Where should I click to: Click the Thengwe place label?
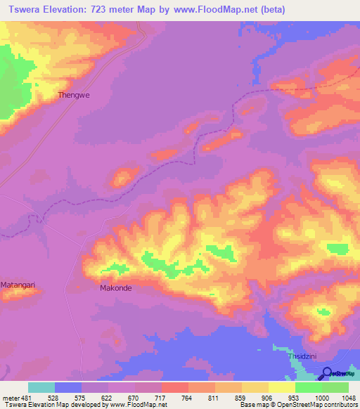pyautogui.click(x=74, y=94)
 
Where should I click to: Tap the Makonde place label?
pyautogui.click(x=116, y=287)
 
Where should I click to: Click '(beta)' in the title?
pyautogui.click(x=297, y=10)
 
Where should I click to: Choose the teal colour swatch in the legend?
pyautogui.click(x=41, y=387)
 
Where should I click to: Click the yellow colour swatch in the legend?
pyautogui.click(x=281, y=387)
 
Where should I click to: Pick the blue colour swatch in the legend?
pyautogui.click(x=68, y=387)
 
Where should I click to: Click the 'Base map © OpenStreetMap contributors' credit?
pyautogui.click(x=297, y=405)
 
